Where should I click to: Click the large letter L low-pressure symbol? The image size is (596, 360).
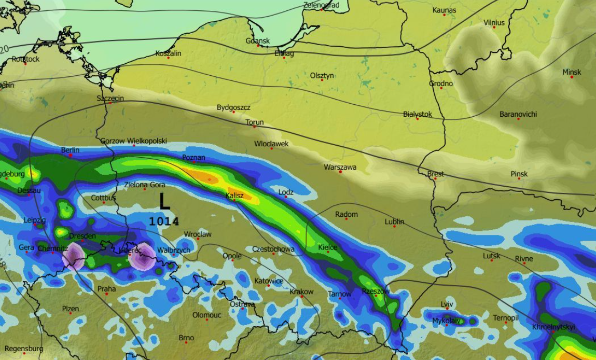[x=164, y=202]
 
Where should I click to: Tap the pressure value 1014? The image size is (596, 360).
[x=164, y=221]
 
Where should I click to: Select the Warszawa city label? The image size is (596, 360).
[x=340, y=167]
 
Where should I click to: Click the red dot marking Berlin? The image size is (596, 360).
[x=71, y=155]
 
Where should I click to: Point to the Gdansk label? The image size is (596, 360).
[x=258, y=41]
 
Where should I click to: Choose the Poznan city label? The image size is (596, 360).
[x=193, y=157]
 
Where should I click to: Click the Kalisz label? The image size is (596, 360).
[x=234, y=196]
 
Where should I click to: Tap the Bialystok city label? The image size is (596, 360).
[x=417, y=114]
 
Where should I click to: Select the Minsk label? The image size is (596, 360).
[x=572, y=72]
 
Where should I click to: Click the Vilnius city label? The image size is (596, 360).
[x=494, y=23]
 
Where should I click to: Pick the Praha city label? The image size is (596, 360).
[x=106, y=289]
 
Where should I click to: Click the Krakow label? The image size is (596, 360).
[x=301, y=292]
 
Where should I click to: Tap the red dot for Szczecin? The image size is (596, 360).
[x=110, y=103]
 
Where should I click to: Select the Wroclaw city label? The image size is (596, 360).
[x=198, y=234]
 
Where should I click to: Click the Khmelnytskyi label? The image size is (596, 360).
[x=553, y=327]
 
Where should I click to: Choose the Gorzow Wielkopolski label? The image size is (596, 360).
[x=133, y=141]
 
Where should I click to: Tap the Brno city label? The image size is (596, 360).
[x=186, y=338]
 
